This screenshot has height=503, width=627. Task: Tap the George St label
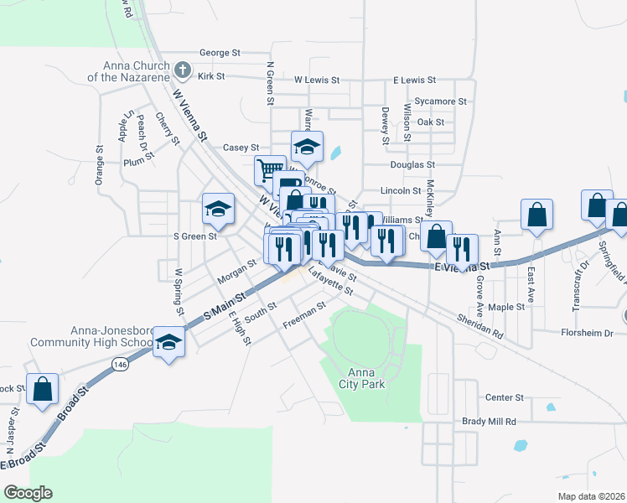click(x=220, y=53)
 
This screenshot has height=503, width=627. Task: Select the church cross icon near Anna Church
click(x=184, y=67)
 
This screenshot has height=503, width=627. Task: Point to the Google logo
click(x=28, y=493)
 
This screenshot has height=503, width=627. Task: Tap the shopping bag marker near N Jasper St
click(x=42, y=390)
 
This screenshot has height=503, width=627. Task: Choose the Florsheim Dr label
click(x=588, y=333)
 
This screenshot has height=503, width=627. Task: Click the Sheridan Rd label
click(x=480, y=325)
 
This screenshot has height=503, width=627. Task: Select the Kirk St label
click(x=212, y=76)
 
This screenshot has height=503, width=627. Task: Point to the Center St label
click(x=505, y=397)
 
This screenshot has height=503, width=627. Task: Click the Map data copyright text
click(x=591, y=496)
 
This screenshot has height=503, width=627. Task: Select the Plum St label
click(x=135, y=163)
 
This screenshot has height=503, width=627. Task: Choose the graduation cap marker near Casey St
click(x=308, y=147)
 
